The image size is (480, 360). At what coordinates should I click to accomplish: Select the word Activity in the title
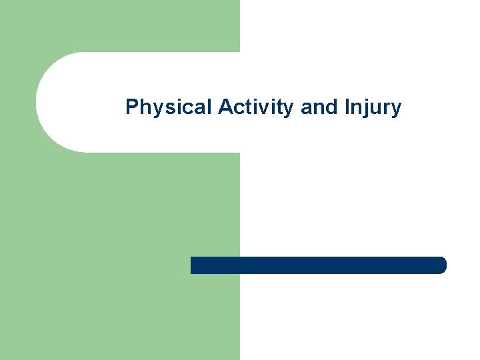click(257, 107)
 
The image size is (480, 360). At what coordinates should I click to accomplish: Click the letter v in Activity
click(263, 108)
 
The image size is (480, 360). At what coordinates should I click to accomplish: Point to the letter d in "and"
click(327, 107)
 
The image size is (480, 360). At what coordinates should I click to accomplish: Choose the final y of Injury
click(396, 109)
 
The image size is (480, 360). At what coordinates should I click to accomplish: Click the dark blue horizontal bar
click(318, 265)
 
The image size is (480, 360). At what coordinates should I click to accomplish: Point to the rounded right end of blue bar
click(442, 265)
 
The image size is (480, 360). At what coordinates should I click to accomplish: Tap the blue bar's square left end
click(193, 265)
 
